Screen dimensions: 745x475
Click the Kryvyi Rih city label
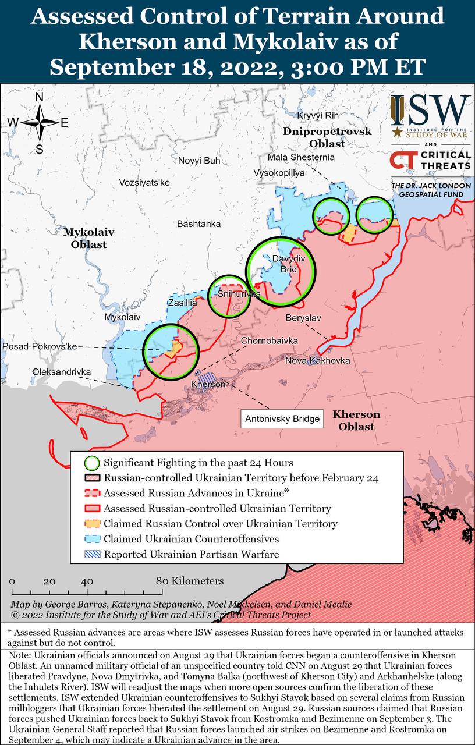coord(317,115)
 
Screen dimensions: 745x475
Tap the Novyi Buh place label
coord(199,161)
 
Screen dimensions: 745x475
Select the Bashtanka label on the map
coord(198,223)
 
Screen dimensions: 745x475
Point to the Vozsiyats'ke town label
coord(144,182)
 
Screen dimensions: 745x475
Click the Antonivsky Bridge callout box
coord(282,418)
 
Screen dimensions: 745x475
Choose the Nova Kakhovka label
coord(317,361)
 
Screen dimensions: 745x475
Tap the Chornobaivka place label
coord(270,340)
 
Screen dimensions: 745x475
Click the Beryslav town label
coord(304,318)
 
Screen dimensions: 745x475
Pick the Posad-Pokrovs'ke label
coord(40,346)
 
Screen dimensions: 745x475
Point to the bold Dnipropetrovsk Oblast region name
coord(327,137)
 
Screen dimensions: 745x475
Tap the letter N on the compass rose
coord(40,97)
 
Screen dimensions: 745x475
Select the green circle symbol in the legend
coord(91,463)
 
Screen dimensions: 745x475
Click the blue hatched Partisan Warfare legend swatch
coord(91,554)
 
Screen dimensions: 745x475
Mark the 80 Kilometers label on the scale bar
coord(190,581)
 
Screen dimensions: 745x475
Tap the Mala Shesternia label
coord(301,157)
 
